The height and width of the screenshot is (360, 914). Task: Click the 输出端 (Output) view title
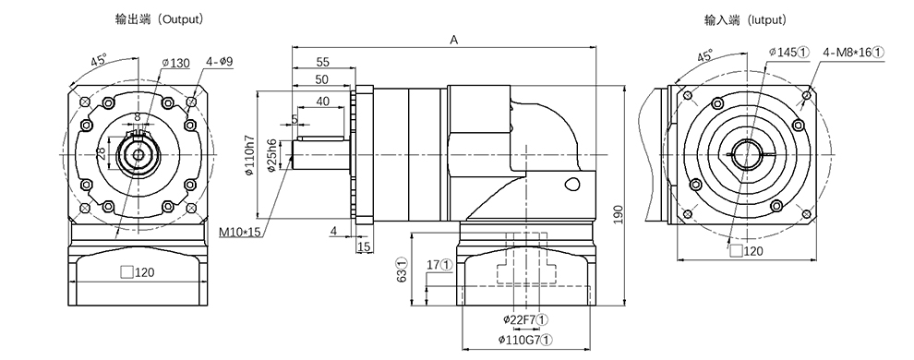pos(160,19)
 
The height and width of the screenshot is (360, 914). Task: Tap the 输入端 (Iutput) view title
pos(746,20)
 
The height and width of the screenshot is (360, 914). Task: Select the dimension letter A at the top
pos(454,40)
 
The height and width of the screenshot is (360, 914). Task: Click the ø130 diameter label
pos(175,63)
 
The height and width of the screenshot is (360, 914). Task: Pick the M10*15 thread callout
pos(239,233)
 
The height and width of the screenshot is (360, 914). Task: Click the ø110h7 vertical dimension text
pos(249,155)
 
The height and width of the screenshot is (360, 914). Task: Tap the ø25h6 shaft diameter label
pos(271,156)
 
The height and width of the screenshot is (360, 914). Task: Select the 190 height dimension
pos(619,214)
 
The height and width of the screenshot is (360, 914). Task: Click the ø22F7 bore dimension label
pos(525,319)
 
